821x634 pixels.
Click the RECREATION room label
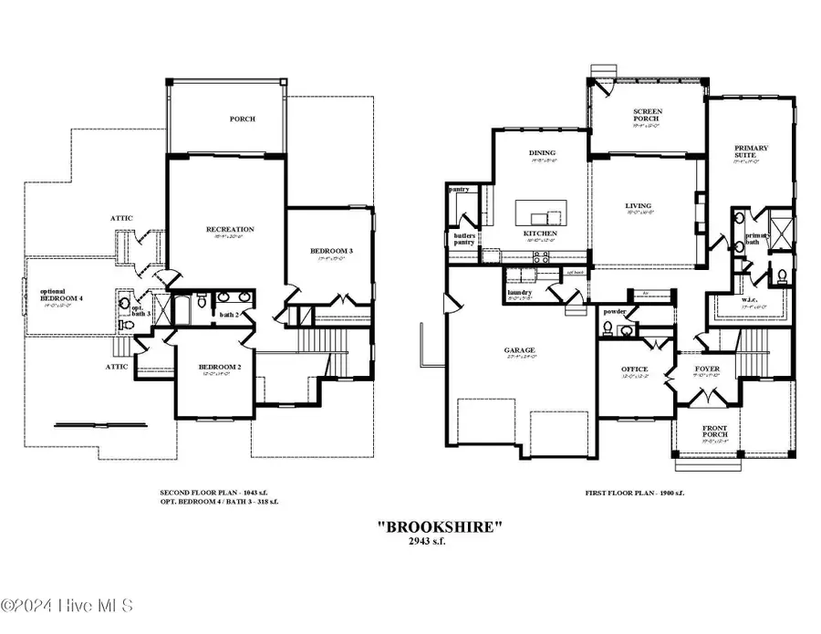pos(229,230)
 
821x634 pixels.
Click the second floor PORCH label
pos(242,119)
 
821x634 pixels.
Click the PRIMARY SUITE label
pos(752,152)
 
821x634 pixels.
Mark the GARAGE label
pos(521,349)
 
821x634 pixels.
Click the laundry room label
pos(520,292)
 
